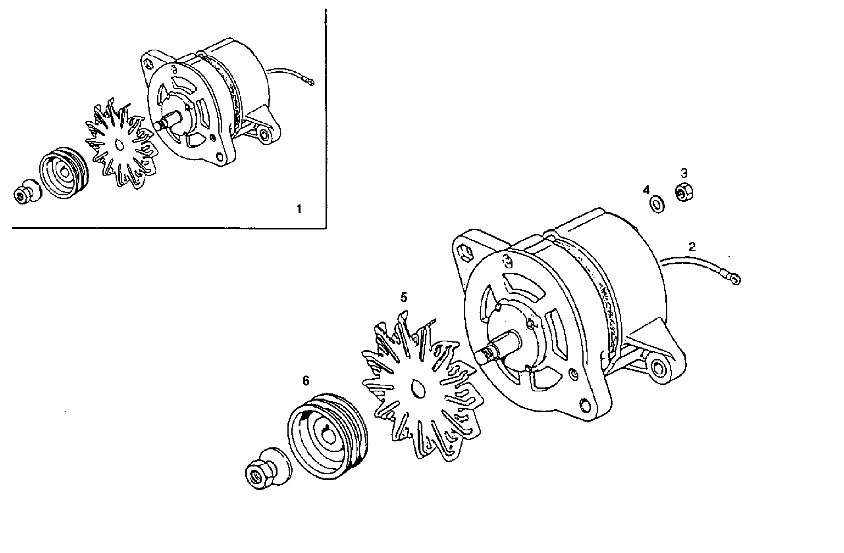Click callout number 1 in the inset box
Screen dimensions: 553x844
click(299, 209)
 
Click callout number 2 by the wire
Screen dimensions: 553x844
click(692, 247)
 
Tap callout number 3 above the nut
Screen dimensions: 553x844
click(684, 173)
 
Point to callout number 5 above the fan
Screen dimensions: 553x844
click(404, 297)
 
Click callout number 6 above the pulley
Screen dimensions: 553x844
click(306, 381)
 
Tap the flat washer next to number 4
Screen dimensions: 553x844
click(658, 205)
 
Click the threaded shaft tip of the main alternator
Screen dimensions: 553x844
click(487, 354)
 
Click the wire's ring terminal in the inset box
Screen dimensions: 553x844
click(310, 82)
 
